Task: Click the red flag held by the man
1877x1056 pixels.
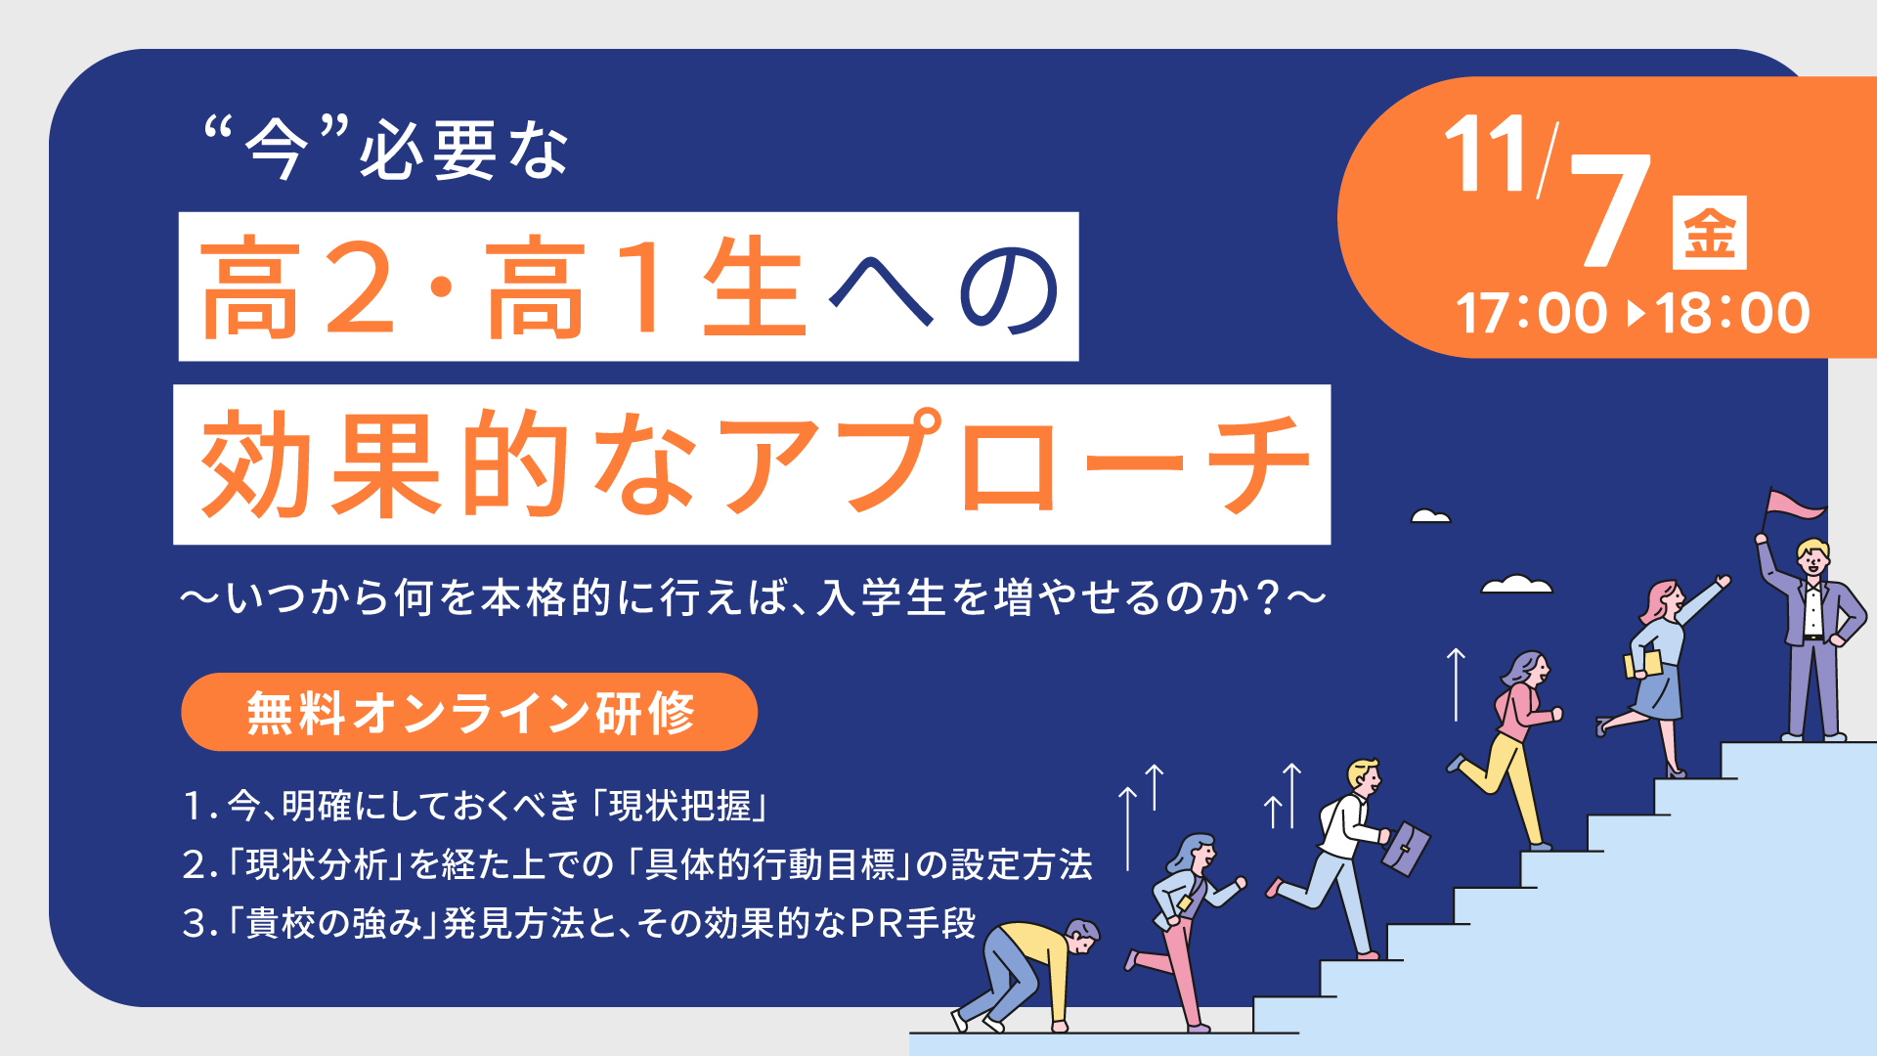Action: coord(1794,505)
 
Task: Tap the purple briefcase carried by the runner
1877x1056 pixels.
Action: coord(1405,849)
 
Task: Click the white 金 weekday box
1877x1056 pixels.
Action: coord(1709,233)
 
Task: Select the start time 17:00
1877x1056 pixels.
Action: coord(1531,314)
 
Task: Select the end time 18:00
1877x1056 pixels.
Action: coord(1732,314)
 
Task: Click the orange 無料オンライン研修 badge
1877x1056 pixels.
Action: coord(469,712)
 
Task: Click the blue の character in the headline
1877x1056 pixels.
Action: coord(1008,288)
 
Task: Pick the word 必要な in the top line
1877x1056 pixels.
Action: coord(463,151)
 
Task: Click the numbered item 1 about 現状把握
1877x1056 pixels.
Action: coord(475,806)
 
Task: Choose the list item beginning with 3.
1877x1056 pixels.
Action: coord(579,923)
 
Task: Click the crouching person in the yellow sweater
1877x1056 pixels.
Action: coord(1026,974)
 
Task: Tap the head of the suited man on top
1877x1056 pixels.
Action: coord(1812,557)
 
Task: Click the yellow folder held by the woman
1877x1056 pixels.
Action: coord(1642,665)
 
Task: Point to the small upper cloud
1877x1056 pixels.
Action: coord(1430,516)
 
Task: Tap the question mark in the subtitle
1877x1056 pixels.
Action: coord(1269,598)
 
